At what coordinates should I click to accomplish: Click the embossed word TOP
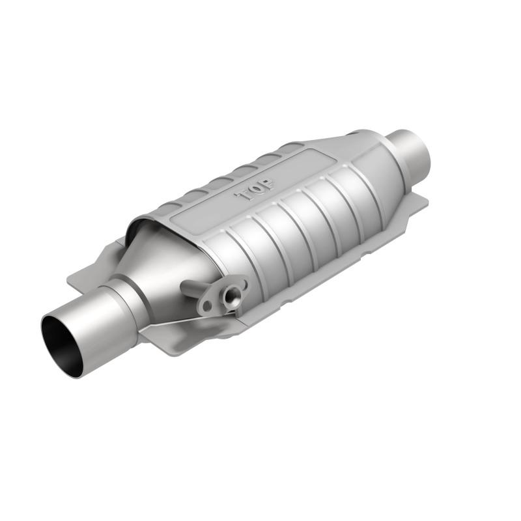click(x=255, y=189)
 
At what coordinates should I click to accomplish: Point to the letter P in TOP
click(x=268, y=183)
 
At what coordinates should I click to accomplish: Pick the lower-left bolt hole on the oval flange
click(x=208, y=305)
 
